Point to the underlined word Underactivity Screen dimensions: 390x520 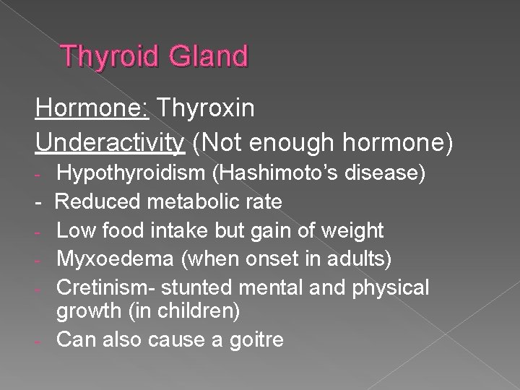pos(108,142)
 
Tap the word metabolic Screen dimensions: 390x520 pos(191,201)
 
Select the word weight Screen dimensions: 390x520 pos(354,230)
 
